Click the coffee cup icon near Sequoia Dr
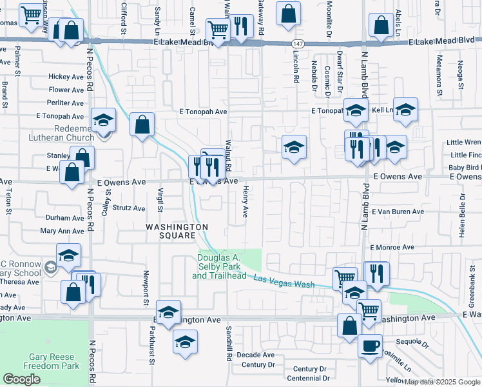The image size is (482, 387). click(x=370, y=346)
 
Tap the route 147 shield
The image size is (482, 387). click(x=296, y=43)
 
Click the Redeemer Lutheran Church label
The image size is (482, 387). click(x=61, y=133)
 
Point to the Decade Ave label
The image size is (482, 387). click(x=255, y=355)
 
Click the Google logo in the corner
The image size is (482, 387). click(x=22, y=379)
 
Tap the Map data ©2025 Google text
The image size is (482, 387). click(x=442, y=382)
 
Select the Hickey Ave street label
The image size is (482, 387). click(x=66, y=77)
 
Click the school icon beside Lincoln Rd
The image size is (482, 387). click(x=294, y=148)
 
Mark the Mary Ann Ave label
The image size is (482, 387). click(x=62, y=230)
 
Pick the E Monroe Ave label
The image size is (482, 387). click(x=392, y=247)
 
